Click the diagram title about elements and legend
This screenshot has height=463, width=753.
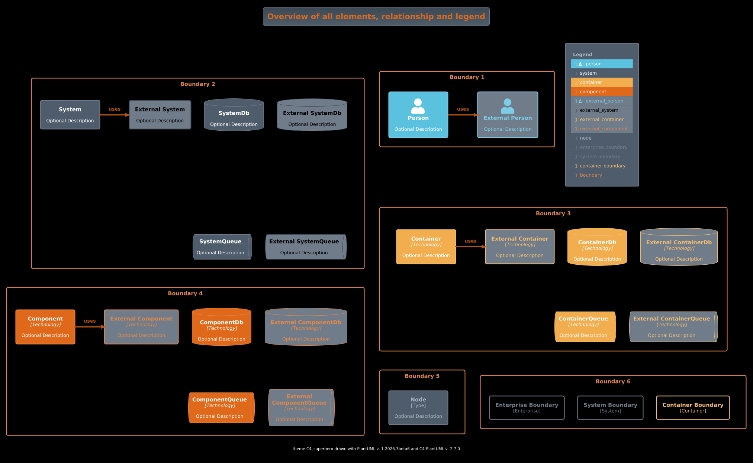376,17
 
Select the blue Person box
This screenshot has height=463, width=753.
418,115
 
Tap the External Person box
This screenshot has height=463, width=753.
508,115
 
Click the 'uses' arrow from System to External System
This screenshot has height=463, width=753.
115,115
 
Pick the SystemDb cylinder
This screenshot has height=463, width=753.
234,115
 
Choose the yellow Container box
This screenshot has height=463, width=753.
426,247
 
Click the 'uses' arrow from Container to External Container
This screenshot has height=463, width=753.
470,247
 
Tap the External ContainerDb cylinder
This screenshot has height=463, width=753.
679,247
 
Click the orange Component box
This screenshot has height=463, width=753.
45,327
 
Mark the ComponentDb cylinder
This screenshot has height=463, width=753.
221,327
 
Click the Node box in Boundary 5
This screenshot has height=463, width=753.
418,408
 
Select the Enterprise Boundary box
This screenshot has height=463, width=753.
527,408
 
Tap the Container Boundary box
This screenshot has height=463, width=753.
692,408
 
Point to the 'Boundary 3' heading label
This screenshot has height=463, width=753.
553,213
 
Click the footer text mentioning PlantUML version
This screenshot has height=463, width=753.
376,449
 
